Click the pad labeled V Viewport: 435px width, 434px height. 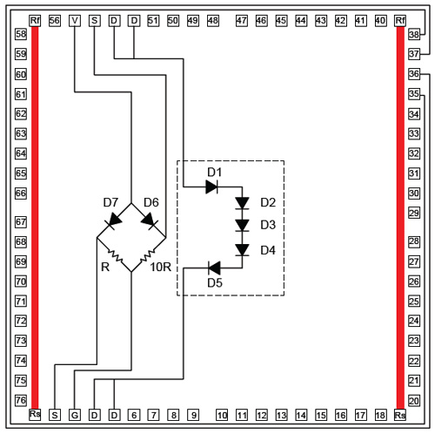(75, 21)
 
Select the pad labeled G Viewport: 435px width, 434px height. (75, 415)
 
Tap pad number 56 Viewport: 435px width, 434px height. (55, 21)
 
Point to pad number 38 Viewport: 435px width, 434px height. (414, 35)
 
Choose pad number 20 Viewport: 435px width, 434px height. (414, 401)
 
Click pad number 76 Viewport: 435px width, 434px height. (21, 400)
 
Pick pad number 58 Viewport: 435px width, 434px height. (21, 34)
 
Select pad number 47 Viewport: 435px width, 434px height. (242, 21)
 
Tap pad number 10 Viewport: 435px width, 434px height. (222, 415)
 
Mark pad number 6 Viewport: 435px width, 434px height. (134, 415)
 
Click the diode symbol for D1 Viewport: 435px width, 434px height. (211, 186)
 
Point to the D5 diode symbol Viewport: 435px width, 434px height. (214, 268)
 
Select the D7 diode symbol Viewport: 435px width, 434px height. (113, 220)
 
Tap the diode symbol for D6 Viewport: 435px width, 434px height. (149, 220)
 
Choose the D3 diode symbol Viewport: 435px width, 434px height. (242, 226)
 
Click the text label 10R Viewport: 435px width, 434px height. (161, 267)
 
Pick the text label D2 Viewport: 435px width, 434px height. (268, 202)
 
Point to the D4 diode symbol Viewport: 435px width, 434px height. (242, 250)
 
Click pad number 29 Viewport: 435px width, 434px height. (414, 213)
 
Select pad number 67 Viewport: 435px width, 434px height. (21, 222)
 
